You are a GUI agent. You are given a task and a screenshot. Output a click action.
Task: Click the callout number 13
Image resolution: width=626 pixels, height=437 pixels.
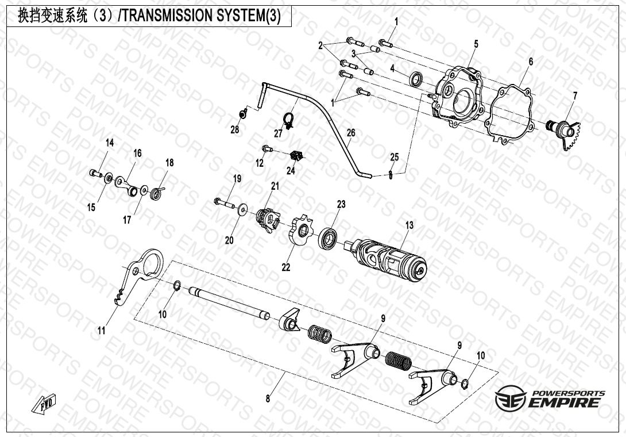tap(409, 225)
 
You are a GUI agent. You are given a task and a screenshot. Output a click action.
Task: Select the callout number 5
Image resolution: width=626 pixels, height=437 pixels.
tap(476, 44)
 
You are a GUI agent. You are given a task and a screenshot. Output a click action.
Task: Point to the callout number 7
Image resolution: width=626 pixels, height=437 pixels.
tap(575, 95)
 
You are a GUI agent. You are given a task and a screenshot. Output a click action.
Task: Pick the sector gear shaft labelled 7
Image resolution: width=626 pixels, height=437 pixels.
tap(566, 131)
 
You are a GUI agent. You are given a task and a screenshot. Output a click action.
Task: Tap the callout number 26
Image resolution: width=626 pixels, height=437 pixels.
tap(351, 133)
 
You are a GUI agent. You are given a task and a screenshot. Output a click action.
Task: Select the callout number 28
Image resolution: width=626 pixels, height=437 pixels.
tap(235, 130)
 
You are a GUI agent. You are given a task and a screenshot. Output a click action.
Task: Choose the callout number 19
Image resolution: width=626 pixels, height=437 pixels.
tap(237, 179)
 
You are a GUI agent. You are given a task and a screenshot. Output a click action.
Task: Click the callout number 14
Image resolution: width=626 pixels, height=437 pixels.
tap(109, 143)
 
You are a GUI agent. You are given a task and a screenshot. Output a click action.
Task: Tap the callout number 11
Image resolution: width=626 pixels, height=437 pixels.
tap(102, 331)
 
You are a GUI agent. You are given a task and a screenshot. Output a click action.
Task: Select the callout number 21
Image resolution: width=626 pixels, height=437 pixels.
tap(275, 186)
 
